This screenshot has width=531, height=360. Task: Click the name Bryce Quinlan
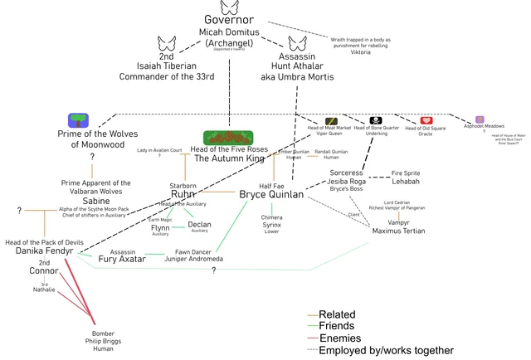point(271,194)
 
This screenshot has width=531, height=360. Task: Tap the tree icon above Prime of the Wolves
point(79,119)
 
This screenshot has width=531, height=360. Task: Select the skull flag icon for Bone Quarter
point(376,120)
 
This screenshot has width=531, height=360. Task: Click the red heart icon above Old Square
point(426,120)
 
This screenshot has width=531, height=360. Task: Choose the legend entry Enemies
point(339,338)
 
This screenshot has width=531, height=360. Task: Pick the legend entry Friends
point(338,327)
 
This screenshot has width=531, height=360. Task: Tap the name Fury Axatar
point(123,259)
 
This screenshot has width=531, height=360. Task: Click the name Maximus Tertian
point(398,231)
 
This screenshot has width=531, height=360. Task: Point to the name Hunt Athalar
point(296,66)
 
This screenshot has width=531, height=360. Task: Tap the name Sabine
point(95,201)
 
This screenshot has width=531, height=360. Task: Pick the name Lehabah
point(405,181)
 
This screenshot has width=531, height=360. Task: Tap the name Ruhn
point(183,194)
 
